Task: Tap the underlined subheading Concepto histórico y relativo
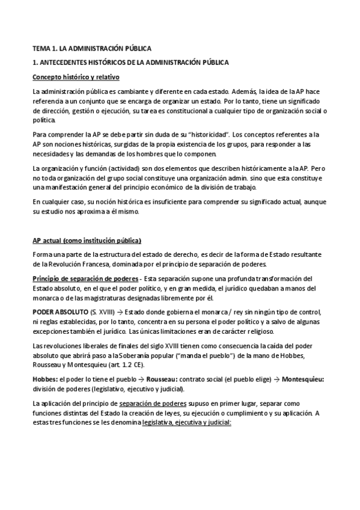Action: click(x=76, y=77)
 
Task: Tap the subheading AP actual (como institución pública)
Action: click(x=87, y=241)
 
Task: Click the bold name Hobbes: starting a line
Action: click(x=45, y=381)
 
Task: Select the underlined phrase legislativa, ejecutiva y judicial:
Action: click(x=184, y=423)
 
